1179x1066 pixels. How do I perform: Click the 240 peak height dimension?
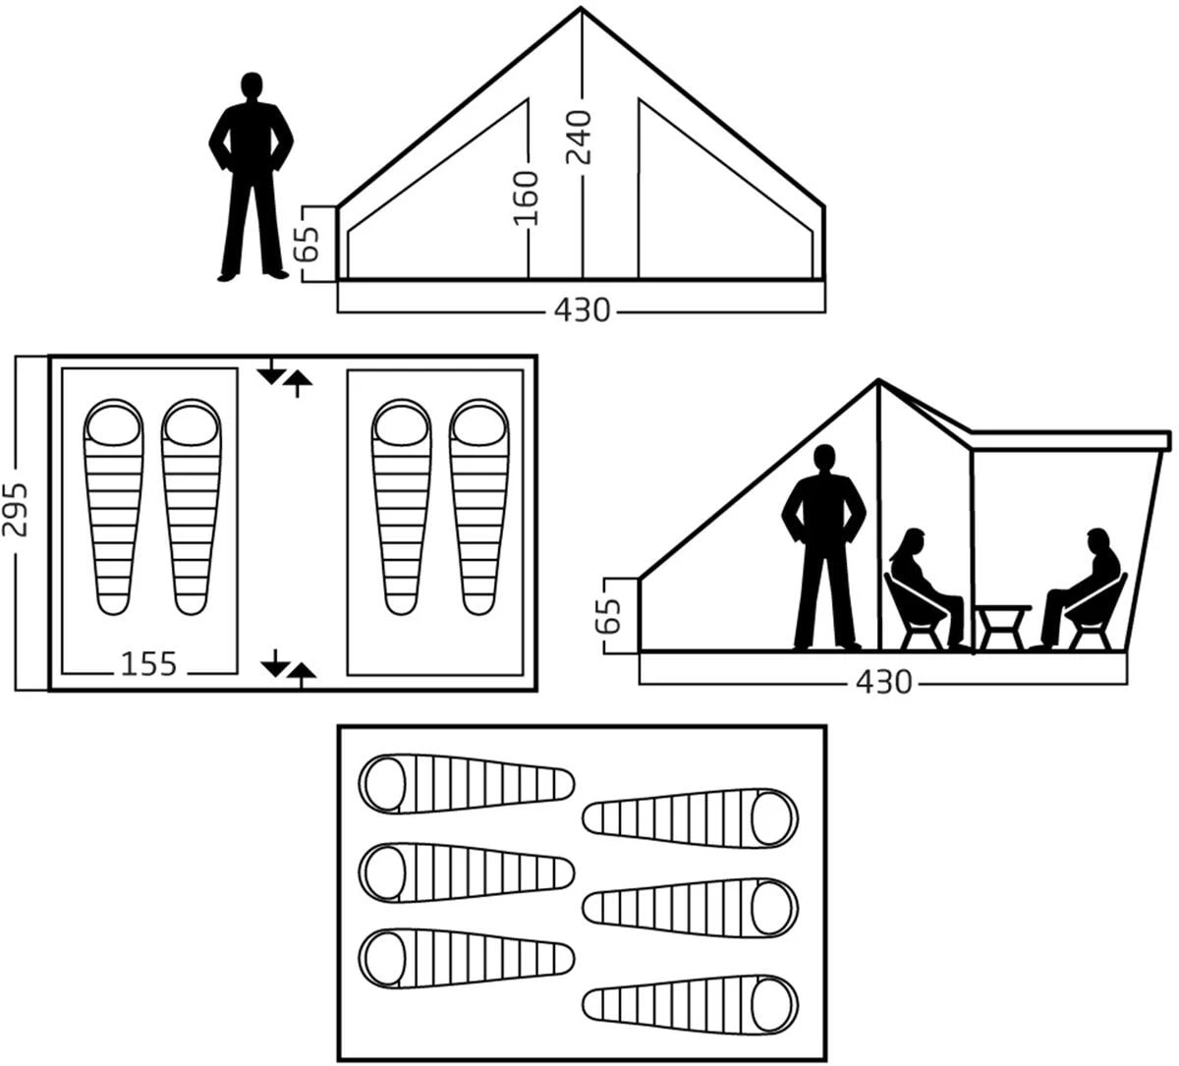(x=579, y=138)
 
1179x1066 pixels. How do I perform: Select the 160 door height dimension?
(x=526, y=198)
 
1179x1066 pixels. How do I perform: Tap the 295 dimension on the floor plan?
(x=15, y=510)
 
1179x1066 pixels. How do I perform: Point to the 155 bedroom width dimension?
(x=148, y=664)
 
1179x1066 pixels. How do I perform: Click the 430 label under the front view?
(x=583, y=309)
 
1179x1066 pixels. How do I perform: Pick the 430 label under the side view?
(x=883, y=683)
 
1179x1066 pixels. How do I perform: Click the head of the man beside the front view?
(x=252, y=87)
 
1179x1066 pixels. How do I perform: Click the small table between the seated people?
(x=1002, y=626)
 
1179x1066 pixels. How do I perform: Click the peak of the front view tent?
(x=581, y=8)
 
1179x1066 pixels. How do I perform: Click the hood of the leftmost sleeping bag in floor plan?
(x=114, y=424)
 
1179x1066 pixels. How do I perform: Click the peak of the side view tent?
(x=878, y=381)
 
